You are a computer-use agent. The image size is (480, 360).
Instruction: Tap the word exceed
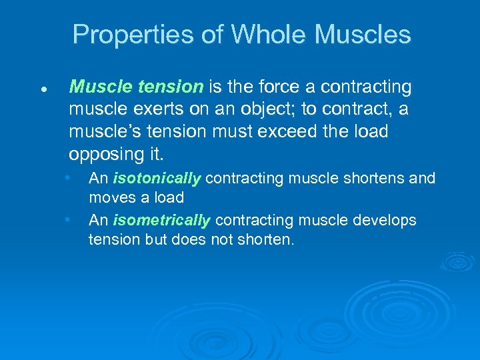point(283,131)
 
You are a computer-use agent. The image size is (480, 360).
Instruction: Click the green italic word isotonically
point(157,179)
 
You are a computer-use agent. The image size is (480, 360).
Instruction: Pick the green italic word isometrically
point(162,220)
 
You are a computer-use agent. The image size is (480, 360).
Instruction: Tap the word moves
point(111,198)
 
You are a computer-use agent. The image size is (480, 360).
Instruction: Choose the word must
point(228,131)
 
